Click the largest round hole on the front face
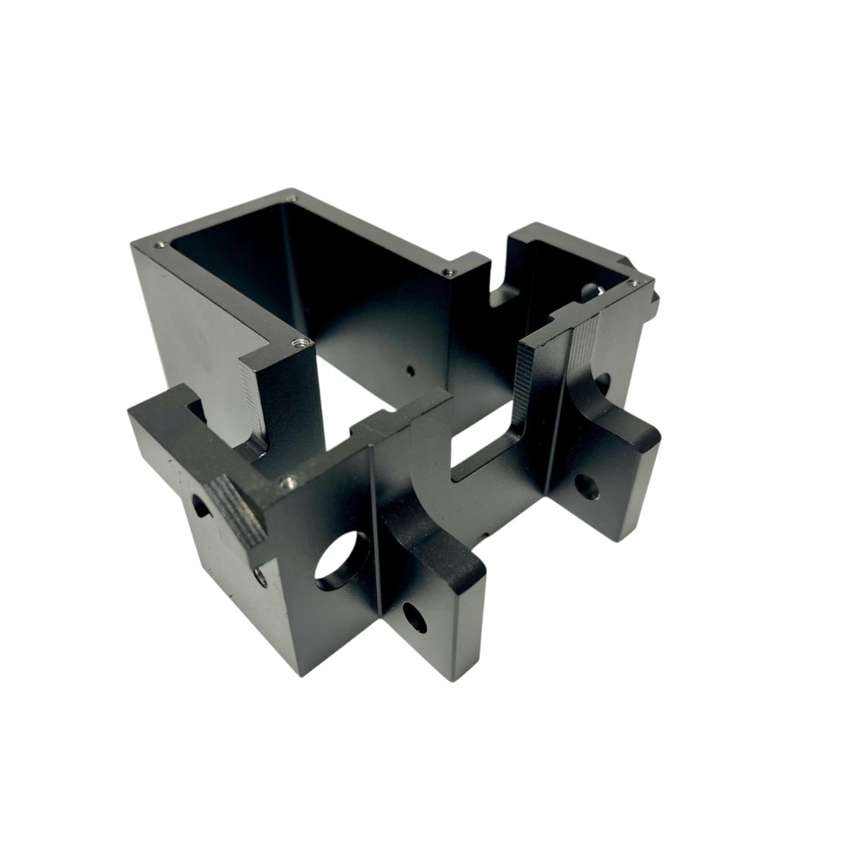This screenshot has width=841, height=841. (x=342, y=560)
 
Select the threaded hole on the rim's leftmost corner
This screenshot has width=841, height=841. (x=159, y=244)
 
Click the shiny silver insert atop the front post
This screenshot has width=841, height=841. (x=301, y=342)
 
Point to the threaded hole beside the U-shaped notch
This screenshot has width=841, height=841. (x=448, y=272)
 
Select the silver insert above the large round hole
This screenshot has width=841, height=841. (x=288, y=482)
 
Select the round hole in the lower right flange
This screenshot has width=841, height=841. (x=586, y=487)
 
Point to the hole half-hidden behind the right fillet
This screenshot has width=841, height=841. (x=602, y=383)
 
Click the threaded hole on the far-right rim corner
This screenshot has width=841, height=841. (x=633, y=283)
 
